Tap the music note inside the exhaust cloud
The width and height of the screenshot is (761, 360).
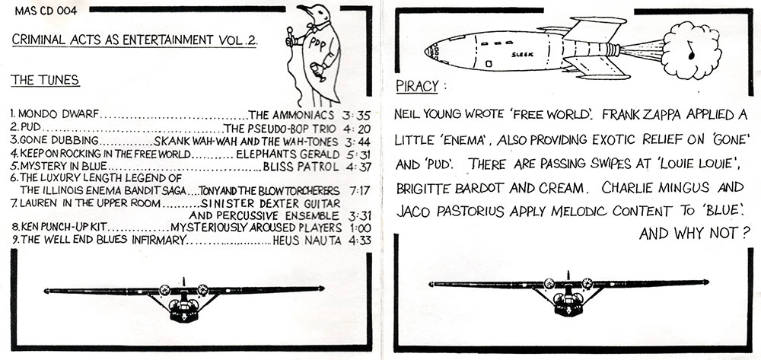[690, 52]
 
